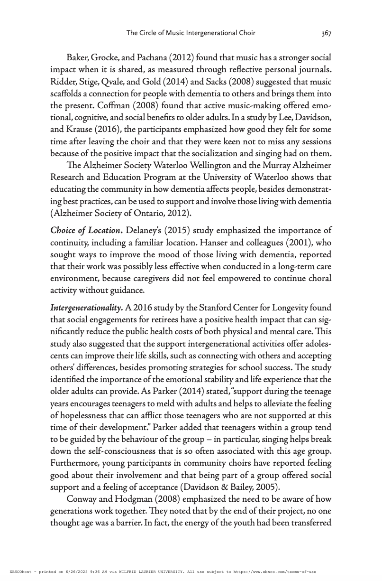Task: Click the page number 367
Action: (x=326, y=33)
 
